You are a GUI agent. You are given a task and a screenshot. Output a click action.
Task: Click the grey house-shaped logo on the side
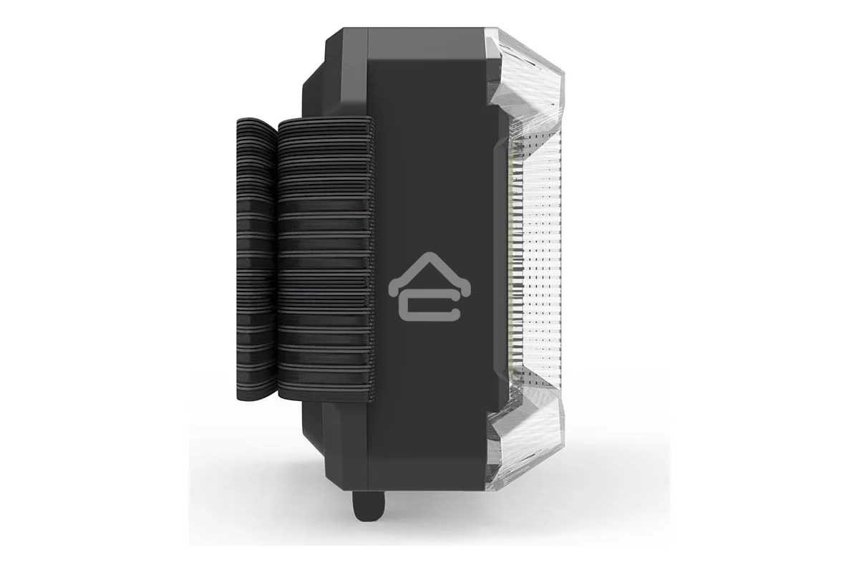pos(429,285)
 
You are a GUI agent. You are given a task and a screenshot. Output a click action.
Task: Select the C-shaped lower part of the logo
pos(429,307)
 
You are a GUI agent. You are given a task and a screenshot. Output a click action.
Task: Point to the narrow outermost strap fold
pos(254,258)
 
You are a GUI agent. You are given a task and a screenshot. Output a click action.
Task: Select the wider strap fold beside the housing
pos(326,258)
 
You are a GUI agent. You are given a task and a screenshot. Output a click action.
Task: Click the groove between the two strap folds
pos(276,258)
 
